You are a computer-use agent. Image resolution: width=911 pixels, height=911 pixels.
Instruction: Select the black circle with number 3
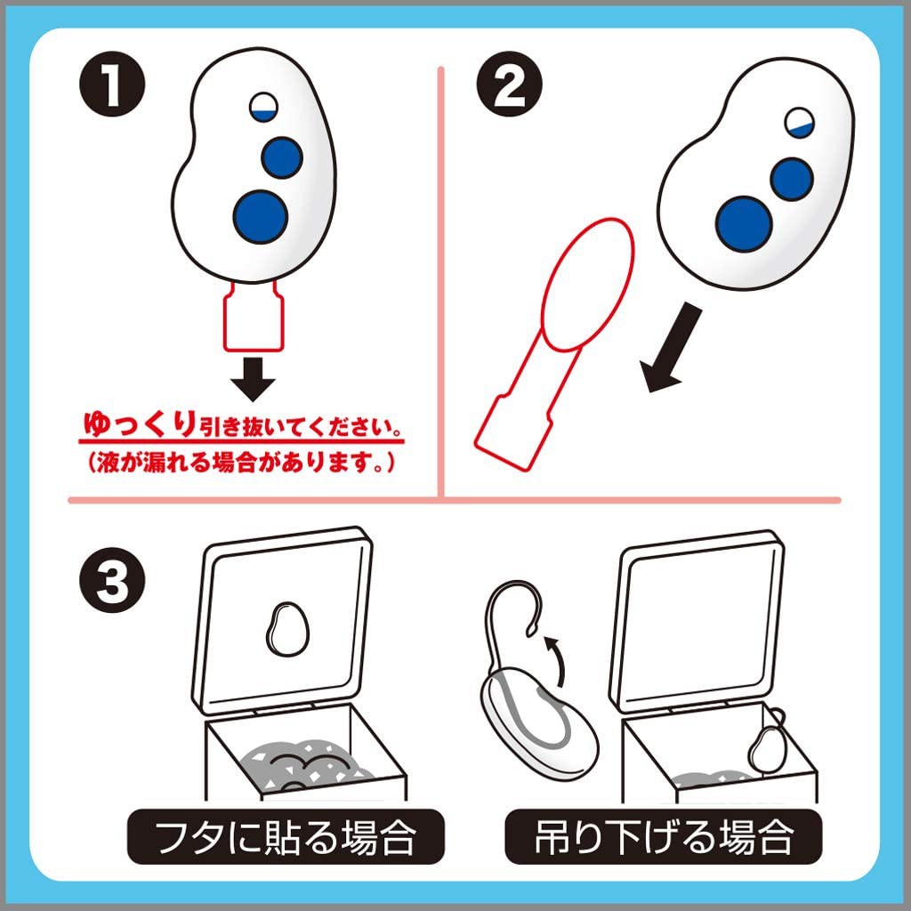pyautogui.click(x=112, y=580)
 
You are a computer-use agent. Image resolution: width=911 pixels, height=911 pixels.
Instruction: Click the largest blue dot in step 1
pyautogui.click(x=261, y=216)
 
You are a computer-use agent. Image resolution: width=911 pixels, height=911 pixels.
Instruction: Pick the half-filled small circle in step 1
pyautogui.click(x=263, y=107)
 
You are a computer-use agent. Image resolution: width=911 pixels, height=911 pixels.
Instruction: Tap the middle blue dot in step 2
pyautogui.click(x=791, y=179)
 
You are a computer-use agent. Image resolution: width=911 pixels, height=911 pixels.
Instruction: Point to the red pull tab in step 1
pyautogui.click(x=254, y=317)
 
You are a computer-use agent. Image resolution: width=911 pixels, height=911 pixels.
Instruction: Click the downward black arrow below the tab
pyautogui.click(x=253, y=379)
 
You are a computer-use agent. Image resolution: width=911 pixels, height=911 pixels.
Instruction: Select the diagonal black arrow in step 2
pyautogui.click(x=671, y=348)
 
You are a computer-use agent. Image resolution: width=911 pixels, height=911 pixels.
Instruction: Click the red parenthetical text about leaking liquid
pyautogui.click(x=242, y=463)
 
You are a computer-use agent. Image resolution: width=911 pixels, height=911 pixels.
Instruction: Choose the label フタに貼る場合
pyautogui.click(x=286, y=836)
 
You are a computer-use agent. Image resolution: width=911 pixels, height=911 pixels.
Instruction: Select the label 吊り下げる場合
pyautogui.click(x=664, y=836)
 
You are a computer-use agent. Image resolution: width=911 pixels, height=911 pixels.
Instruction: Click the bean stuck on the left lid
pyautogui.click(x=287, y=629)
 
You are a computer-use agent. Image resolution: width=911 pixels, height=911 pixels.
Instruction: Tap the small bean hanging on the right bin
pyautogui.click(x=768, y=749)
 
